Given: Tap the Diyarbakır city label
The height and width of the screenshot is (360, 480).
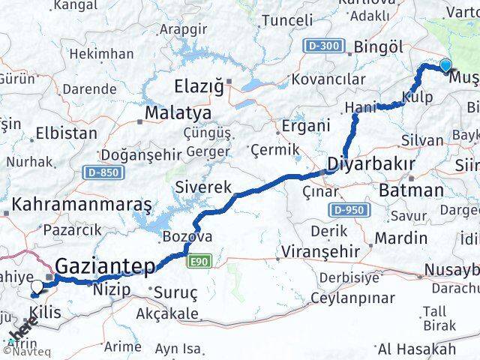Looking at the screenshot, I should pyautogui.click(x=370, y=164).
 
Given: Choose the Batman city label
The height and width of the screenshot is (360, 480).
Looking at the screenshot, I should pyautogui.click(x=412, y=190).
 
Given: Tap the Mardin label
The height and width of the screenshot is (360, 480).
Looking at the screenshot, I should pyautogui.click(x=400, y=238).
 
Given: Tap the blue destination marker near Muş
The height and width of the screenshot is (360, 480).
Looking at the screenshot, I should pyautogui.click(x=446, y=65).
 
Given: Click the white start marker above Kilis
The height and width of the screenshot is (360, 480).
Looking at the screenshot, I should pyautogui.click(x=37, y=286).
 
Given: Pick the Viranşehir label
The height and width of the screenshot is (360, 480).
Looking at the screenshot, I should pyautogui.click(x=319, y=250).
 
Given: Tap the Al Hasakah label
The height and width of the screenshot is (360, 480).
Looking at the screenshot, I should pyautogui.click(x=415, y=349).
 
